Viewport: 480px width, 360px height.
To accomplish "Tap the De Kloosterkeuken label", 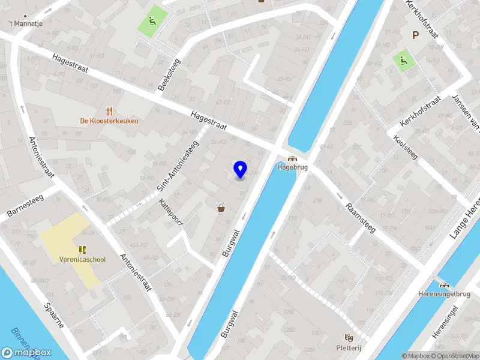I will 109,121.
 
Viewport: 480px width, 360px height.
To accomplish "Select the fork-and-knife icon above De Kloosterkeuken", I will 109,111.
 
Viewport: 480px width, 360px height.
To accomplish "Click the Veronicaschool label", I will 83,260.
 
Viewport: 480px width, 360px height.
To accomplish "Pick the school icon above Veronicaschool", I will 82,250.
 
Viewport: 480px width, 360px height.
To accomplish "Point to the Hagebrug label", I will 292,167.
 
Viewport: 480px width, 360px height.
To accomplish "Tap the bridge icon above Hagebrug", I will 292,159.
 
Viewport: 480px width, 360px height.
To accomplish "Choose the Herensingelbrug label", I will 445,295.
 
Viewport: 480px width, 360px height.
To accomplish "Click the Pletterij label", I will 348,347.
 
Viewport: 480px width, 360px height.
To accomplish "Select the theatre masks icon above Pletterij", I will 348,338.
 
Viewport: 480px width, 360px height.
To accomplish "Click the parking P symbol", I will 415,35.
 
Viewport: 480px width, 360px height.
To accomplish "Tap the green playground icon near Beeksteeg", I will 151,22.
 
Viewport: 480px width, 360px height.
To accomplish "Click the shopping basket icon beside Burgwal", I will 221,208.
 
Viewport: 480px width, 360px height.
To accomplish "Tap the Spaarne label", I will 53,314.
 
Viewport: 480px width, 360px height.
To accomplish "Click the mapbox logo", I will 26,353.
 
